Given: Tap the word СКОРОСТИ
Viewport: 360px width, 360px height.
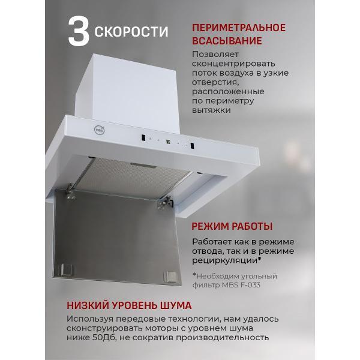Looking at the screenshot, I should coord(131,31).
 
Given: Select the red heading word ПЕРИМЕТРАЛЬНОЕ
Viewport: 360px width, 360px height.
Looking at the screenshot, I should coord(238,28).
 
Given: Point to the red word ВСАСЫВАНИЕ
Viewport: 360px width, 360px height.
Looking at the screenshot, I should coord(227,41).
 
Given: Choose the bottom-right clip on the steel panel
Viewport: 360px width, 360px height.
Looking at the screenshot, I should coord(170,277).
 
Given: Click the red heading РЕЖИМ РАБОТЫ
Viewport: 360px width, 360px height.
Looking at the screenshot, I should coord(232,227).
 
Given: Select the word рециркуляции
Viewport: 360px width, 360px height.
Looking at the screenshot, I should coord(225,261).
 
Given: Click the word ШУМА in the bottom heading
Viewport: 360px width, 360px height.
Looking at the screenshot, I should coord(172,304).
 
